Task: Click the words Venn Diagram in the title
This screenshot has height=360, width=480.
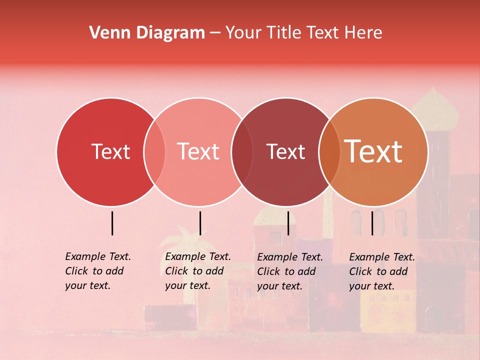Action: pyautogui.click(x=147, y=33)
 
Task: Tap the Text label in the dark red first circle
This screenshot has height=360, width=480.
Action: pyautogui.click(x=110, y=151)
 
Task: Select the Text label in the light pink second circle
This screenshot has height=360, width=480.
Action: pyautogui.click(x=198, y=151)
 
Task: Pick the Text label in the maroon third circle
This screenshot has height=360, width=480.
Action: pyautogui.click(x=285, y=151)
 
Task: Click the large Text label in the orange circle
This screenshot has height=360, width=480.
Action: pyautogui.click(x=373, y=151)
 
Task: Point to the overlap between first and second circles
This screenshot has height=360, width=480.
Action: pyautogui.click(x=154, y=152)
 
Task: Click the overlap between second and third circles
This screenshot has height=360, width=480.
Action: pyautogui.click(x=242, y=152)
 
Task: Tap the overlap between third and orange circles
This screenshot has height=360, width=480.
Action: pyautogui.click(x=329, y=152)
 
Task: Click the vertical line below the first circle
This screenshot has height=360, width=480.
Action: pyautogui.click(x=112, y=223)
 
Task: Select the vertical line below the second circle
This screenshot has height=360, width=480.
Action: pyautogui.click(x=200, y=223)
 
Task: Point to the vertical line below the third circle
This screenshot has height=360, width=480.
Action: pyautogui.click(x=288, y=223)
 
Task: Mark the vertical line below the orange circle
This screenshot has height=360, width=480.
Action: pyautogui.click(x=372, y=223)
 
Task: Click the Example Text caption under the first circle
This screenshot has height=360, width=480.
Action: pyautogui.click(x=98, y=271)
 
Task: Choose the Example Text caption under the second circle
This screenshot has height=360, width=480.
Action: pyautogui.click(x=198, y=271)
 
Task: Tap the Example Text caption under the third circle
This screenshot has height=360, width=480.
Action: pyautogui.click(x=290, y=271)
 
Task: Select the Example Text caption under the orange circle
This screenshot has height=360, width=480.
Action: pyautogui.click(x=382, y=271)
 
